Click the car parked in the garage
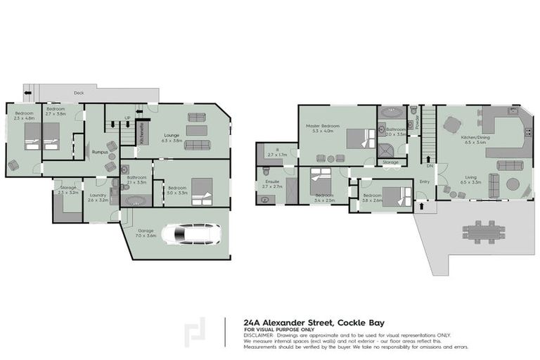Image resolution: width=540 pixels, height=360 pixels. pos(191,233)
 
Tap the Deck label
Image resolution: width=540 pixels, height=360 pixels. pos(79,93)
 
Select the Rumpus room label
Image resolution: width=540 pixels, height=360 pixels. pos(99,151)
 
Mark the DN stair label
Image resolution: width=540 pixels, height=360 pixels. pos(429,166)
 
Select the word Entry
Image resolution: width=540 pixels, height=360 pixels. pos(424,181)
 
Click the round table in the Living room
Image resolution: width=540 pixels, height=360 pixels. pos(514,185)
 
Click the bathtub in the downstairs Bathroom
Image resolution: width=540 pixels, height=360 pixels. pos(133,200)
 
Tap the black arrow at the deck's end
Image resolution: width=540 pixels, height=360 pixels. pos(28,91)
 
